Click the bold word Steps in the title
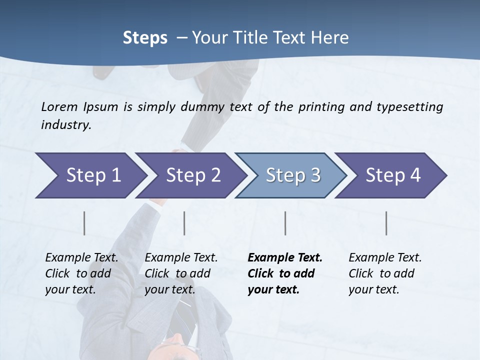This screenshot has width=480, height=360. (x=145, y=38)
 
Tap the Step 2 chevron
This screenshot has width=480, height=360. (x=193, y=175)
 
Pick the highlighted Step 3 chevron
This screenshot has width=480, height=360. (x=293, y=175)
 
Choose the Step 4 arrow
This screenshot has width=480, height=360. (x=393, y=175)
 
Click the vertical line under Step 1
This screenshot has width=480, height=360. (x=84, y=223)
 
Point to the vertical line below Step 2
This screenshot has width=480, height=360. (x=184, y=223)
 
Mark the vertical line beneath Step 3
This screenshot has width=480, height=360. (x=285, y=223)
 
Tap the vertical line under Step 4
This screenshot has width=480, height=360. (x=386, y=223)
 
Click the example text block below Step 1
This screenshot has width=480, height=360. (x=81, y=273)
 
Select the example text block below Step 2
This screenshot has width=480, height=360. (x=181, y=273)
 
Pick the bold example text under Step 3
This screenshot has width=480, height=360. (x=285, y=273)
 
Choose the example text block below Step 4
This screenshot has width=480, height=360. (x=385, y=273)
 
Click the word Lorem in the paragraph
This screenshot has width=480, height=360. (x=59, y=106)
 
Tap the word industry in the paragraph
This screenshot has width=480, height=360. (x=66, y=125)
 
